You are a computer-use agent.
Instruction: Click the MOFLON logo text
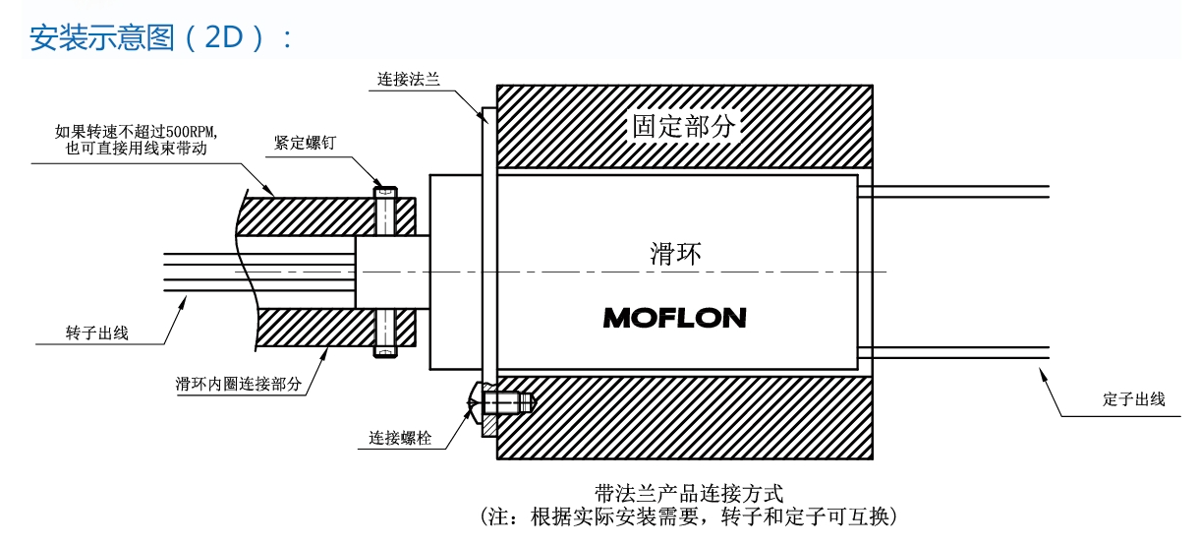(x=674, y=318)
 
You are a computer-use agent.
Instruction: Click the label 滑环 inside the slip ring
(x=675, y=253)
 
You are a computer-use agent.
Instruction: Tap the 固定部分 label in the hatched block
(x=684, y=126)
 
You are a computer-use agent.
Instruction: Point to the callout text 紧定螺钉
(x=305, y=144)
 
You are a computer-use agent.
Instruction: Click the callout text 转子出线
(x=96, y=333)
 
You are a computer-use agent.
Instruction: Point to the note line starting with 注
(x=688, y=515)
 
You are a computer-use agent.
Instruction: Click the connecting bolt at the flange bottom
(x=503, y=402)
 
